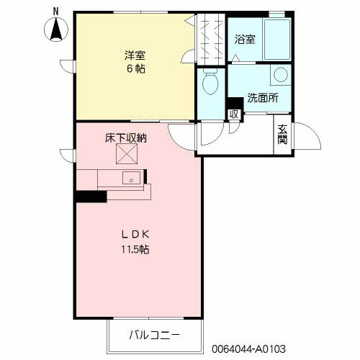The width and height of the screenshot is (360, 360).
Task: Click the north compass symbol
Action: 56,30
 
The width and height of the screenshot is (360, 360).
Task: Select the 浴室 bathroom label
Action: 244,40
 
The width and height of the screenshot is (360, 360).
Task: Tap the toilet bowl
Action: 211,85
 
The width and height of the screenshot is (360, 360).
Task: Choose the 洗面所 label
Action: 263,99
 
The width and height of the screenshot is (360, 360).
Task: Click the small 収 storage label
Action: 233,114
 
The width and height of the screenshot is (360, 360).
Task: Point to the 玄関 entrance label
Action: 282,134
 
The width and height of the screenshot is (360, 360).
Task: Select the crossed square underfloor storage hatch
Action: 127,154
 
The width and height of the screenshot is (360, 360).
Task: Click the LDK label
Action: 135,235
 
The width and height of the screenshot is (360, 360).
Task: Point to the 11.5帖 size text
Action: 135,250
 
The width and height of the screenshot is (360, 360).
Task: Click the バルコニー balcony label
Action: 155,335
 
